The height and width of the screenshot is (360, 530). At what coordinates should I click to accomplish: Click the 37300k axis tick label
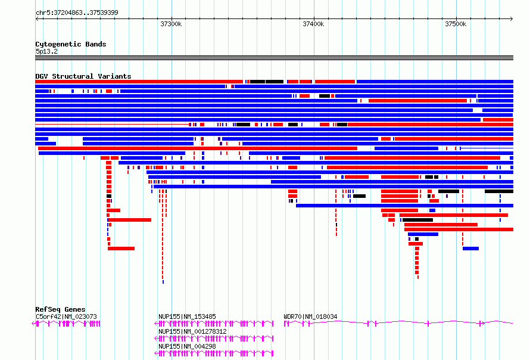tap(171, 24)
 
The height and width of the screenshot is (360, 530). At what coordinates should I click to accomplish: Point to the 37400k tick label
tap(313, 24)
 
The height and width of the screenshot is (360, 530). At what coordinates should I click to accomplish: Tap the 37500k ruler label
tap(456, 24)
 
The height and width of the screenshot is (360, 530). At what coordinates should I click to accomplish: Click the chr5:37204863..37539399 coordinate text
tap(77, 13)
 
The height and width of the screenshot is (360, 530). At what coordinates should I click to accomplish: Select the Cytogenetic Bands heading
tap(71, 44)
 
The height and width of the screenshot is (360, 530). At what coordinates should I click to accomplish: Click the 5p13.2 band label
tap(46, 51)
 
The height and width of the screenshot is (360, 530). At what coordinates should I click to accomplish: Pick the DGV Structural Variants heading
tap(83, 76)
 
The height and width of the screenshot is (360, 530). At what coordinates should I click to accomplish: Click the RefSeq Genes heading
tap(61, 309)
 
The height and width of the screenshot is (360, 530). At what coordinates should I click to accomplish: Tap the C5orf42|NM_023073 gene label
tap(66, 316)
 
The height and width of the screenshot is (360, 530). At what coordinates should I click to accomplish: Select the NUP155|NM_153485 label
tap(187, 316)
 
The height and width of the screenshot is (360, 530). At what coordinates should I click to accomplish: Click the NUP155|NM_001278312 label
tap(192, 331)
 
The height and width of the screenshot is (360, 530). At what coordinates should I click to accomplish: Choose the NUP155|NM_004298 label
tap(187, 346)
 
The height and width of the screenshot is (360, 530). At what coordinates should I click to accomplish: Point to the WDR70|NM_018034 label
tap(310, 316)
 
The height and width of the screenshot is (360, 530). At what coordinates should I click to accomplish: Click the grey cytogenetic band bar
tap(274, 58)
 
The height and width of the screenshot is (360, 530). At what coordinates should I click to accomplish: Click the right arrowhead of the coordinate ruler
tap(512, 19)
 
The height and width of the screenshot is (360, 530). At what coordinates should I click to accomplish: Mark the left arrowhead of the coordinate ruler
tap(37, 19)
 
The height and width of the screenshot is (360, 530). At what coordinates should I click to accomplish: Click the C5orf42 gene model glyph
tap(66, 324)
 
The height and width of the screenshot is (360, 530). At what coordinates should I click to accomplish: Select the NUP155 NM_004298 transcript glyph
tap(214, 353)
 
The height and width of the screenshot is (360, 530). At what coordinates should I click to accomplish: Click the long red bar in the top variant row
tap(139, 82)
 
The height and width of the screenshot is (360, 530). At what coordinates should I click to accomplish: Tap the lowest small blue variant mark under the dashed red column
tap(163, 282)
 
